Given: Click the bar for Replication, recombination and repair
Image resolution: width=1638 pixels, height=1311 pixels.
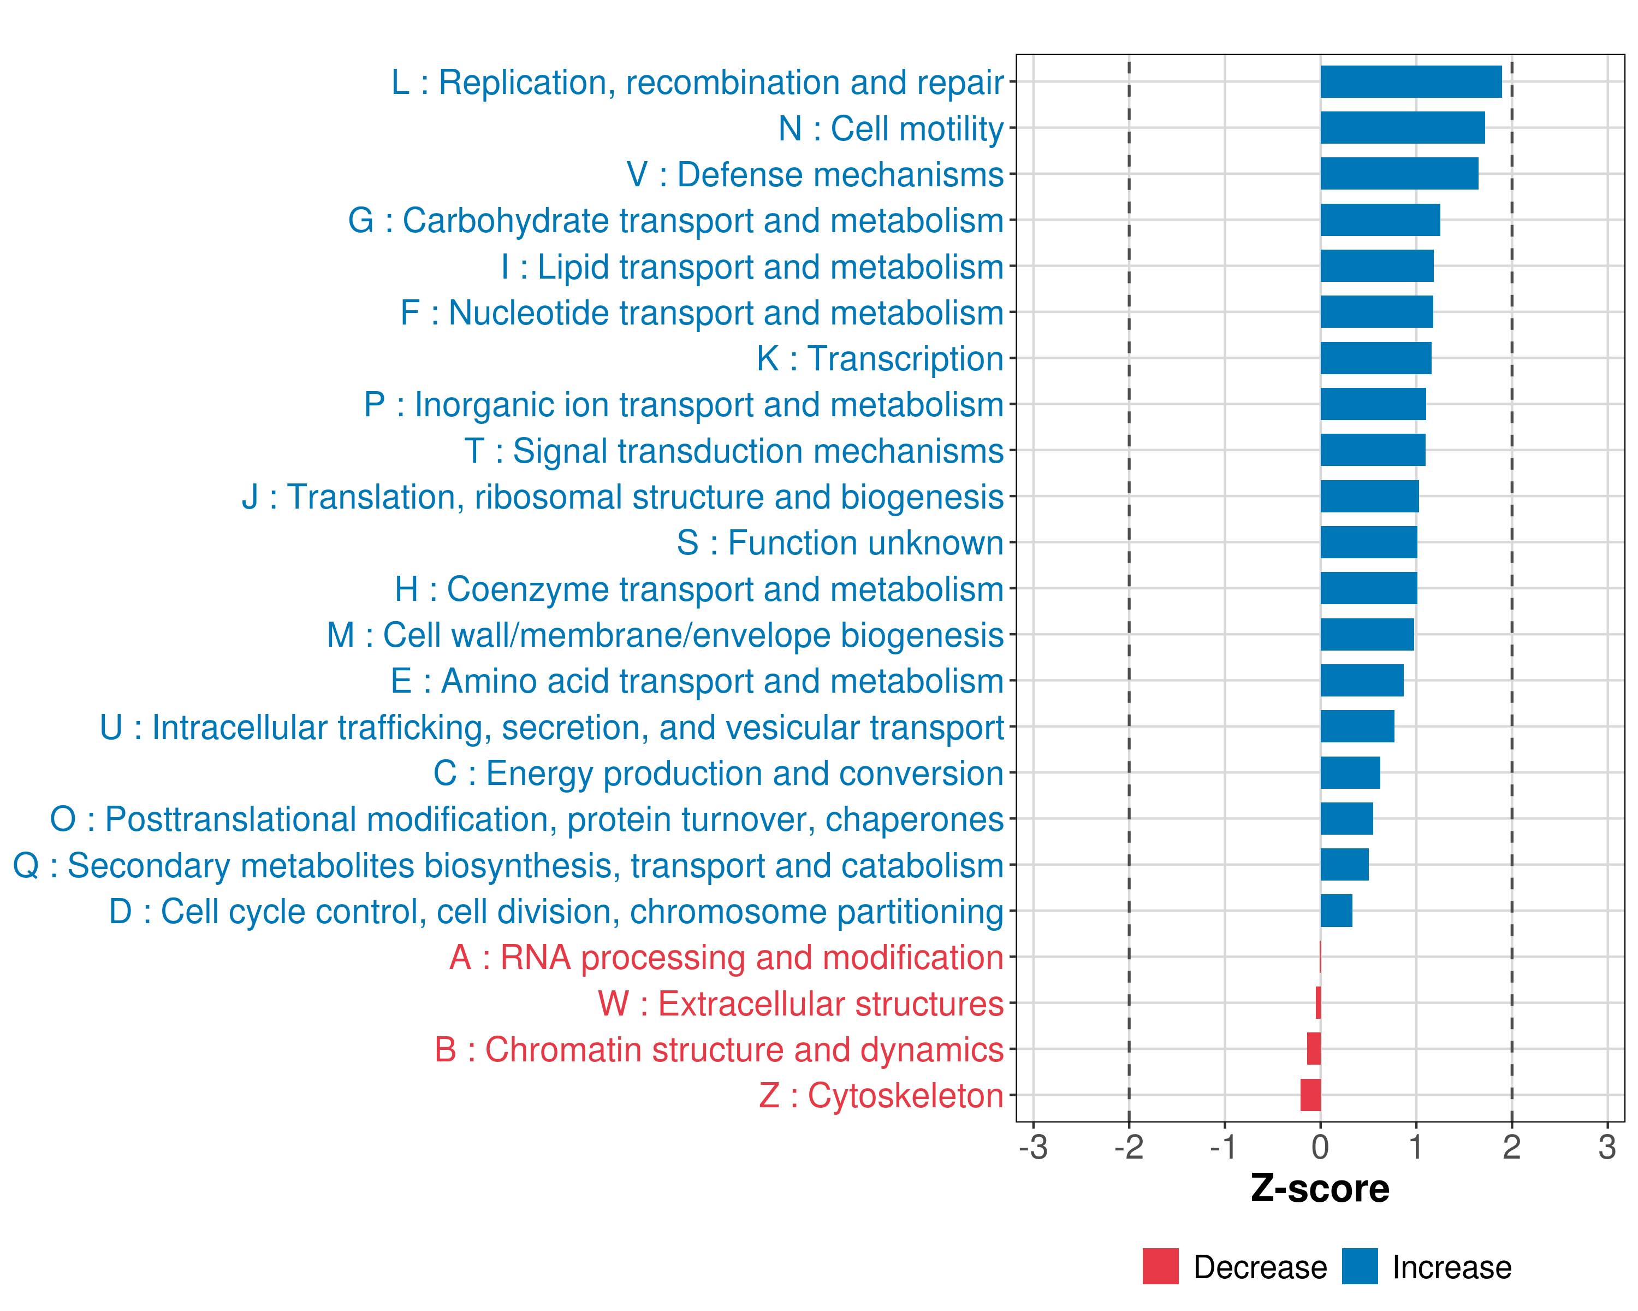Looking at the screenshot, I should click(x=1411, y=82).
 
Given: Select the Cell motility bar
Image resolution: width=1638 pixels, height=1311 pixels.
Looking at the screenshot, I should click(x=1403, y=128).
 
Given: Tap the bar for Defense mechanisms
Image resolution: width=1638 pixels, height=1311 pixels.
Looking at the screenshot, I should click(x=1399, y=174).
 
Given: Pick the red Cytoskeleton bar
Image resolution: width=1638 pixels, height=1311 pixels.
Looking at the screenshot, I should click(x=1310, y=1095).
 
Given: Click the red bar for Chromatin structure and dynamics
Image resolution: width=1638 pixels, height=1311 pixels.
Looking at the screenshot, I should click(x=1314, y=1049).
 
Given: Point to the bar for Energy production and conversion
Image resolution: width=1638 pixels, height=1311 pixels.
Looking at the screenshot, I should click(x=1350, y=773).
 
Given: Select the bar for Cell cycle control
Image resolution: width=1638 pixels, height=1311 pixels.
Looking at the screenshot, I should click(x=1337, y=911).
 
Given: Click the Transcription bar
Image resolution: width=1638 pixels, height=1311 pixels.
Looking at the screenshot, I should click(x=1376, y=358).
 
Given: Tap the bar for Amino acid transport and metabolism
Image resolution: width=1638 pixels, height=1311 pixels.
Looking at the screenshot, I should click(x=1362, y=680).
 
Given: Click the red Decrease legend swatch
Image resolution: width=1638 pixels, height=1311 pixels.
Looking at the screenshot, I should click(x=1160, y=1266).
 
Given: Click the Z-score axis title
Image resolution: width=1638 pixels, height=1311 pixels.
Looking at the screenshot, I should click(x=1320, y=1189).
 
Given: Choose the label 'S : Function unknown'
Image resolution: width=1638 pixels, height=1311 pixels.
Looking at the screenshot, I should click(x=840, y=542).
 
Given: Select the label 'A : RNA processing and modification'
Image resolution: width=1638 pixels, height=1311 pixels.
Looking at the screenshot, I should click(x=726, y=958).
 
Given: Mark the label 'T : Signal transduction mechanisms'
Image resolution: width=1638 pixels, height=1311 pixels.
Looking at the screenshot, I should click(x=733, y=451).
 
